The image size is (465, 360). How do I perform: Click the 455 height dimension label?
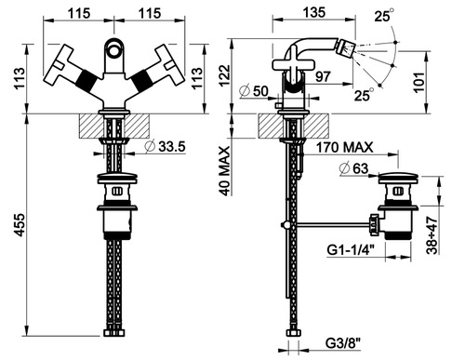point(20,225)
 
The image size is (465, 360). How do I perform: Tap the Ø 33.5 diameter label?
point(166,146)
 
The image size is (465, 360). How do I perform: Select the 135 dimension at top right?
point(314,13)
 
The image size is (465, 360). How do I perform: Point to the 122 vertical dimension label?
point(225,75)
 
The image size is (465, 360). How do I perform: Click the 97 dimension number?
point(323,76)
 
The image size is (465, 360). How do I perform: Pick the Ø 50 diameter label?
point(254,91)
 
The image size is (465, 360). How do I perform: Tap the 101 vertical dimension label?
point(419,82)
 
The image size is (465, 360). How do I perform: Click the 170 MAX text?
point(344,147)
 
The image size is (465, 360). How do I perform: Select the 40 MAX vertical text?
point(225,171)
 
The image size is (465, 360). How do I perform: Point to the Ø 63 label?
point(354,168)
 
